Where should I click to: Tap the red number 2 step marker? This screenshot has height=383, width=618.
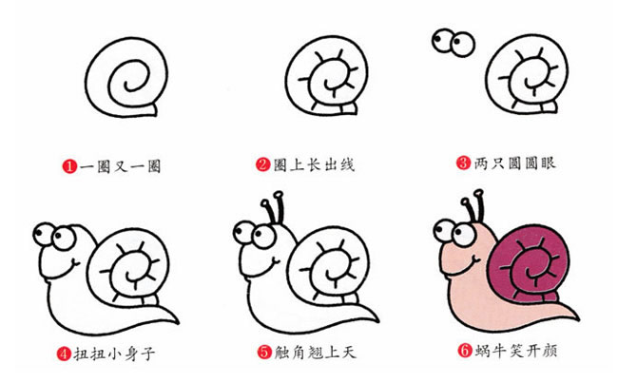pyautogui.click(x=263, y=165)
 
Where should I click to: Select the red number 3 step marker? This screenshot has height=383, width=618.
pyautogui.click(x=464, y=163)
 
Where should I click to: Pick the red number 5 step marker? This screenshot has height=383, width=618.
pyautogui.click(x=263, y=353)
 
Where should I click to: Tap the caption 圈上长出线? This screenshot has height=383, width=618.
pyautogui.click(x=314, y=165)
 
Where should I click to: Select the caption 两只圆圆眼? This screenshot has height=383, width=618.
pyautogui.click(x=514, y=163)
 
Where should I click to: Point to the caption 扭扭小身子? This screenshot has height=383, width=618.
pyautogui.click(x=114, y=354)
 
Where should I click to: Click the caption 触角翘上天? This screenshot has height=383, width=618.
pyautogui.click(x=314, y=353)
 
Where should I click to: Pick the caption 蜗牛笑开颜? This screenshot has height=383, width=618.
pyautogui.click(x=514, y=353)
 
